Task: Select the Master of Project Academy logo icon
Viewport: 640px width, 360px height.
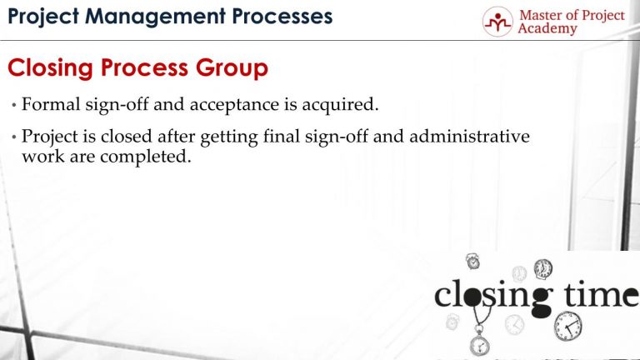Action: coord(498,21)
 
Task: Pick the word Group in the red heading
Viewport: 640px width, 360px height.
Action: coord(232,68)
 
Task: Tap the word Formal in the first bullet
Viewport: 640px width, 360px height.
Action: coord(47,105)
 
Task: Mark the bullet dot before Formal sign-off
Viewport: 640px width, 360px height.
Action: coord(14,106)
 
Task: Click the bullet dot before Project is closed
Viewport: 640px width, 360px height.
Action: coord(14,137)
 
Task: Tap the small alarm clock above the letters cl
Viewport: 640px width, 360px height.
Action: coord(472,262)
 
